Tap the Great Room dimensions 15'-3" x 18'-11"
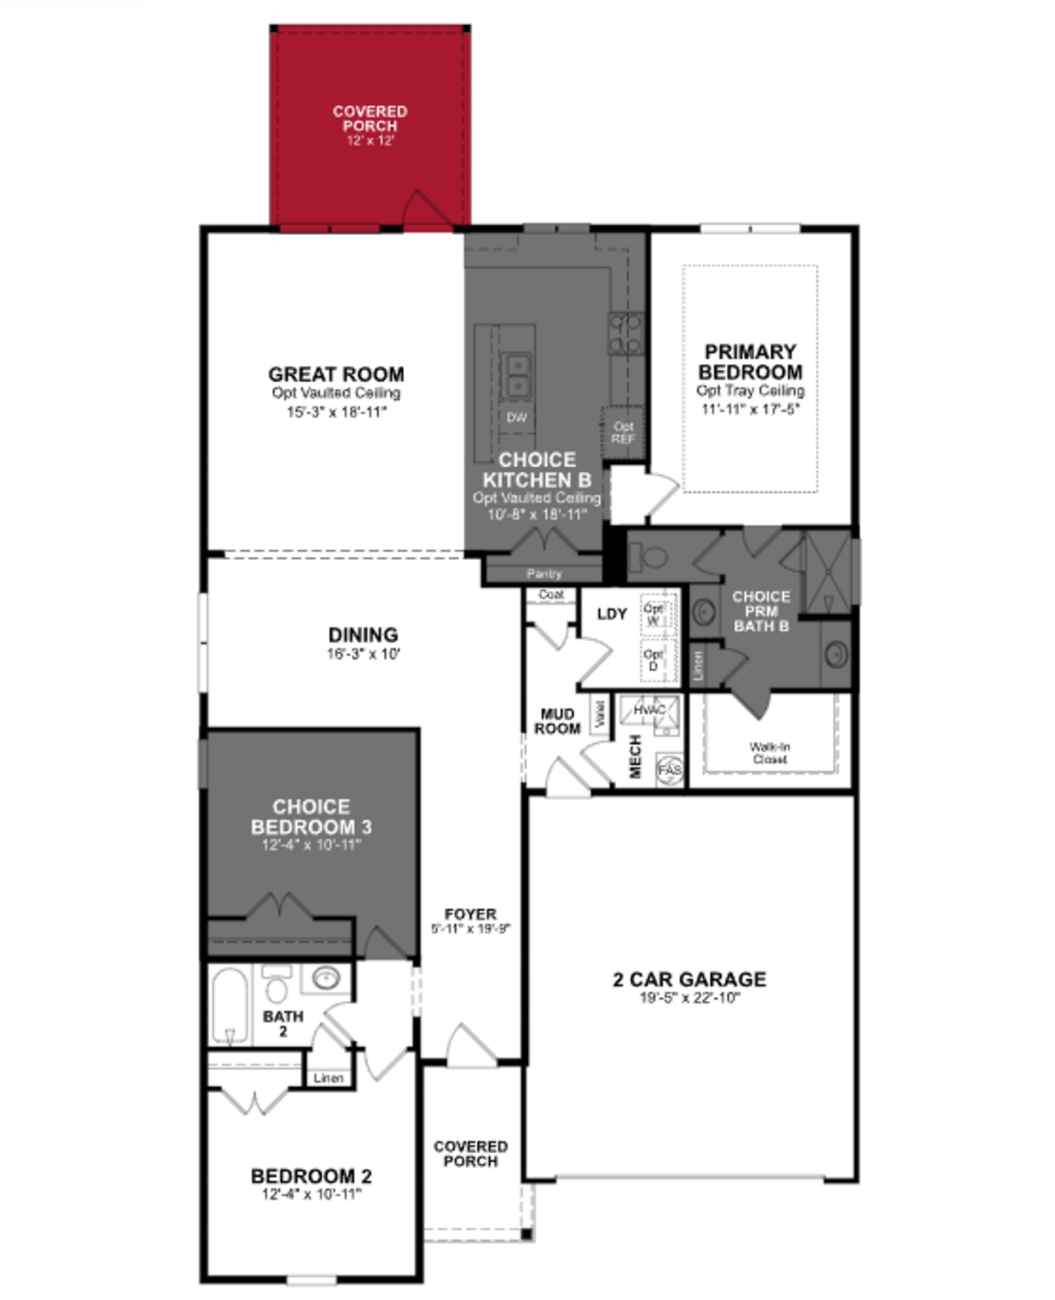[x=337, y=412]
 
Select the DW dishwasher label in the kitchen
[x=517, y=417]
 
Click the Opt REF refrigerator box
[x=623, y=433]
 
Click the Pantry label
[x=544, y=573]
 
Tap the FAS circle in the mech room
[x=670, y=770]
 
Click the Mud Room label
[x=557, y=721]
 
